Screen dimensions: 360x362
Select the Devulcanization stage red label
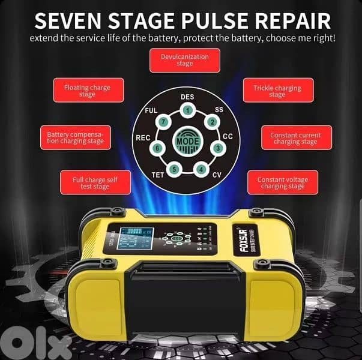pyautogui.click(x=185, y=60)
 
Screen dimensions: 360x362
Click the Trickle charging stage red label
pyautogui.click(x=276, y=91)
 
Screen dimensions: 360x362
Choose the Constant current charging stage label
pyautogui.click(x=295, y=139)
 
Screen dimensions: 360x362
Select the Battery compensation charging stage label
pyautogui.click(x=75, y=139)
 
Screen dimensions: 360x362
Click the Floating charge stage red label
pyautogui.click(x=87, y=91)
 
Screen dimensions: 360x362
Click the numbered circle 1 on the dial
pyautogui.click(x=188, y=110)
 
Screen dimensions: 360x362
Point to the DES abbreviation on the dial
pyautogui.click(x=187, y=97)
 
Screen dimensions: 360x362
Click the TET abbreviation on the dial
pyautogui.click(x=157, y=175)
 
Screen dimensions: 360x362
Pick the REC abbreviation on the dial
pyautogui.click(x=142, y=138)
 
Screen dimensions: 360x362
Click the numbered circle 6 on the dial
pyautogui.click(x=157, y=148)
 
